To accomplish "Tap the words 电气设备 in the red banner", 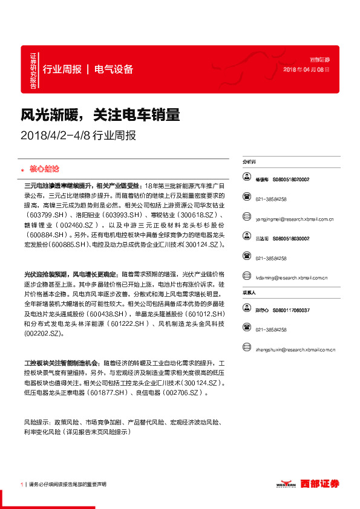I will pos(113,69).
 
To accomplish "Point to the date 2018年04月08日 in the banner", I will pos(307,70).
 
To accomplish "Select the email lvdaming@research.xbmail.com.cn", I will pos(291,278).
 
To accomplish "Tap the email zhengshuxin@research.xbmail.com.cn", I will pos(295,349).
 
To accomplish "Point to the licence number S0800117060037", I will pos(291,310).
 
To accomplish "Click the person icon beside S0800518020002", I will pos(247,179).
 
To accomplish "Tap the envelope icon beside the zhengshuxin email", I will pos(247,349).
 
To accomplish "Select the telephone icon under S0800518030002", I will pos(247,258).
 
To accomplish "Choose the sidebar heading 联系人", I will pos(249,293).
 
